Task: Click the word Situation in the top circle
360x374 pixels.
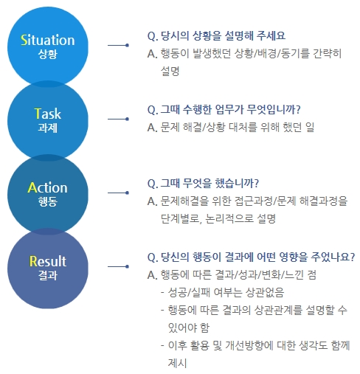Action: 48,40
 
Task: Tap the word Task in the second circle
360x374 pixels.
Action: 48,114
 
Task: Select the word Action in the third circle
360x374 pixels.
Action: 48,187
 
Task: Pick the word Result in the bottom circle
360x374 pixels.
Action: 48,261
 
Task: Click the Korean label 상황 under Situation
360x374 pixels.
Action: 48,54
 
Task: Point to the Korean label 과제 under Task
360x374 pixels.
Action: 48,128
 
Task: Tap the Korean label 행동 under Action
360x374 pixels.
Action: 48,201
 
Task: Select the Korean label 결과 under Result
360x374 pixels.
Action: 48,275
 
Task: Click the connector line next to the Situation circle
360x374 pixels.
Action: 118,45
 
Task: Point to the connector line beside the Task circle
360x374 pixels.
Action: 118,119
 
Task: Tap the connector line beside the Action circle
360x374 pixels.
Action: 118,193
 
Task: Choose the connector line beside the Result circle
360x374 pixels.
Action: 118,266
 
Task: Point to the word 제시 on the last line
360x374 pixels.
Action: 177,363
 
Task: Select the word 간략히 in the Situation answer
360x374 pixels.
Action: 328,53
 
